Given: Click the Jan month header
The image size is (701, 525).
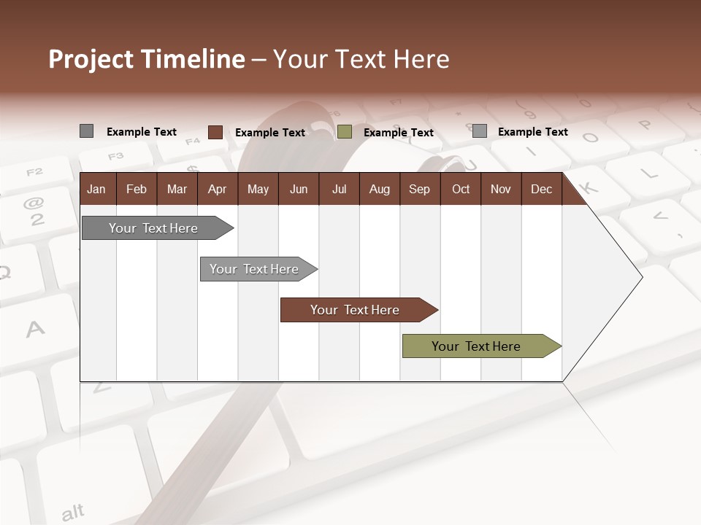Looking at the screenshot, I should click(96, 189).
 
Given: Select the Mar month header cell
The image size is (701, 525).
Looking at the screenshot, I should click(177, 189).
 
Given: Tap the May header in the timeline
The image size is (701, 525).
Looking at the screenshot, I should click(258, 189).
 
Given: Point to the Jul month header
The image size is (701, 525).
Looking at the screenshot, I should click(339, 189).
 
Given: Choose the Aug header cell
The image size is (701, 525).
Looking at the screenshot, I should click(379, 189).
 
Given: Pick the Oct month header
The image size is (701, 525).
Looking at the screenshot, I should click(461, 189).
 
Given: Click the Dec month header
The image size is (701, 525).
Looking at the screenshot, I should click(541, 189).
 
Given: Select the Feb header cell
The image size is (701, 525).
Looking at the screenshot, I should click(137, 189).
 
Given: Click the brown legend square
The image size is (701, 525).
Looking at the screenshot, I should click(215, 132).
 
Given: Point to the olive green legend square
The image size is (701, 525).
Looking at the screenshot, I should click(345, 132).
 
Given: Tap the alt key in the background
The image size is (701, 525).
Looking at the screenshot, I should click(72, 512).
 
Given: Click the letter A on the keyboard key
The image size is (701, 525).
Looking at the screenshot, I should click(35, 329).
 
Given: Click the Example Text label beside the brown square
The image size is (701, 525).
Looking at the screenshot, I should click(270, 133).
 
